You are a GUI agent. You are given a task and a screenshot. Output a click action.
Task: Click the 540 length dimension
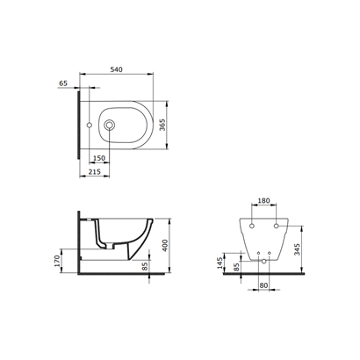[x=116, y=69]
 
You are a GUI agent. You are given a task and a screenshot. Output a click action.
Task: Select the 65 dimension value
[x=63, y=83]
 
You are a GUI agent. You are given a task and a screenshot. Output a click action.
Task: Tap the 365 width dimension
[x=162, y=125]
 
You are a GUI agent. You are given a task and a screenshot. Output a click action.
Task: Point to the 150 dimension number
[x=99, y=158]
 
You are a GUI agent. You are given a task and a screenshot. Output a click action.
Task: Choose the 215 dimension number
[x=94, y=171]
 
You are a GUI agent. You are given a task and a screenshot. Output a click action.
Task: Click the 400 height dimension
[x=165, y=245]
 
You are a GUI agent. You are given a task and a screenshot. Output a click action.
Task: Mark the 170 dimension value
[x=57, y=261]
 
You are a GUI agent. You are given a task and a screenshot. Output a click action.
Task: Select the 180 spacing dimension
[x=263, y=201]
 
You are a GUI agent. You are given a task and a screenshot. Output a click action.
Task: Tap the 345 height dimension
[x=297, y=249]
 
